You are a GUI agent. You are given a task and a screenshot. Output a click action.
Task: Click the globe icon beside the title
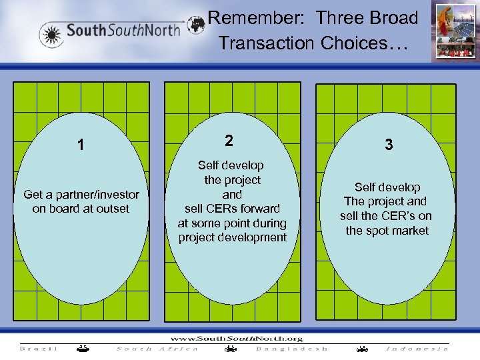[x=196, y=25]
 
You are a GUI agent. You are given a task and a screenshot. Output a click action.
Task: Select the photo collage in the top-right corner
[x=453, y=32]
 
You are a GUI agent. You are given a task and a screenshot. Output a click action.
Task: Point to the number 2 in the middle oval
[x=229, y=141]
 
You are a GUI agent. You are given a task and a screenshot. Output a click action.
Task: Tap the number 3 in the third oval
[x=388, y=145]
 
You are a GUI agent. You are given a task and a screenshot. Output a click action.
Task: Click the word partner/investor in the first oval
[x=97, y=195]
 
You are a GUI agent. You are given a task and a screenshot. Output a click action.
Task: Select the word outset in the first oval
[x=114, y=209]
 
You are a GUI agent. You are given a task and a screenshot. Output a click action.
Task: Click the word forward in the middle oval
[x=257, y=209]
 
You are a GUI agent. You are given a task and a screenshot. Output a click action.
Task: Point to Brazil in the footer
[x=39, y=348]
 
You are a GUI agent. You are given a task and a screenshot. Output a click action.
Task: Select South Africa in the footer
[x=157, y=348]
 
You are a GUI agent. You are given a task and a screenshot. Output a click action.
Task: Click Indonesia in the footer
[x=417, y=348]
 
